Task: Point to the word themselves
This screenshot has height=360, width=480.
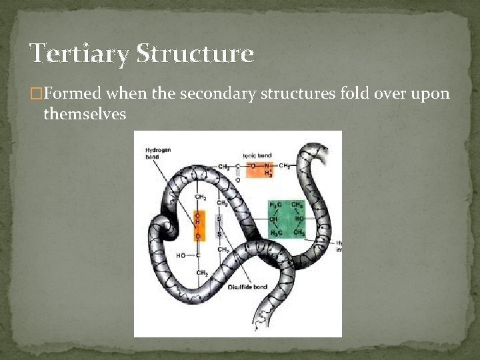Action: [x=85, y=115]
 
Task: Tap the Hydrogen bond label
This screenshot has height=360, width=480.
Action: [x=158, y=153]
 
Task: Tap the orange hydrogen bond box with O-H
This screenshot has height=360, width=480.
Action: [x=197, y=224]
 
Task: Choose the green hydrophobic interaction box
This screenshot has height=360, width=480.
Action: [x=286, y=219]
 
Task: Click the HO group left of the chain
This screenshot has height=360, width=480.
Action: [x=181, y=255]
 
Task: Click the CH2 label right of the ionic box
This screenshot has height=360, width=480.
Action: [x=285, y=166]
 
